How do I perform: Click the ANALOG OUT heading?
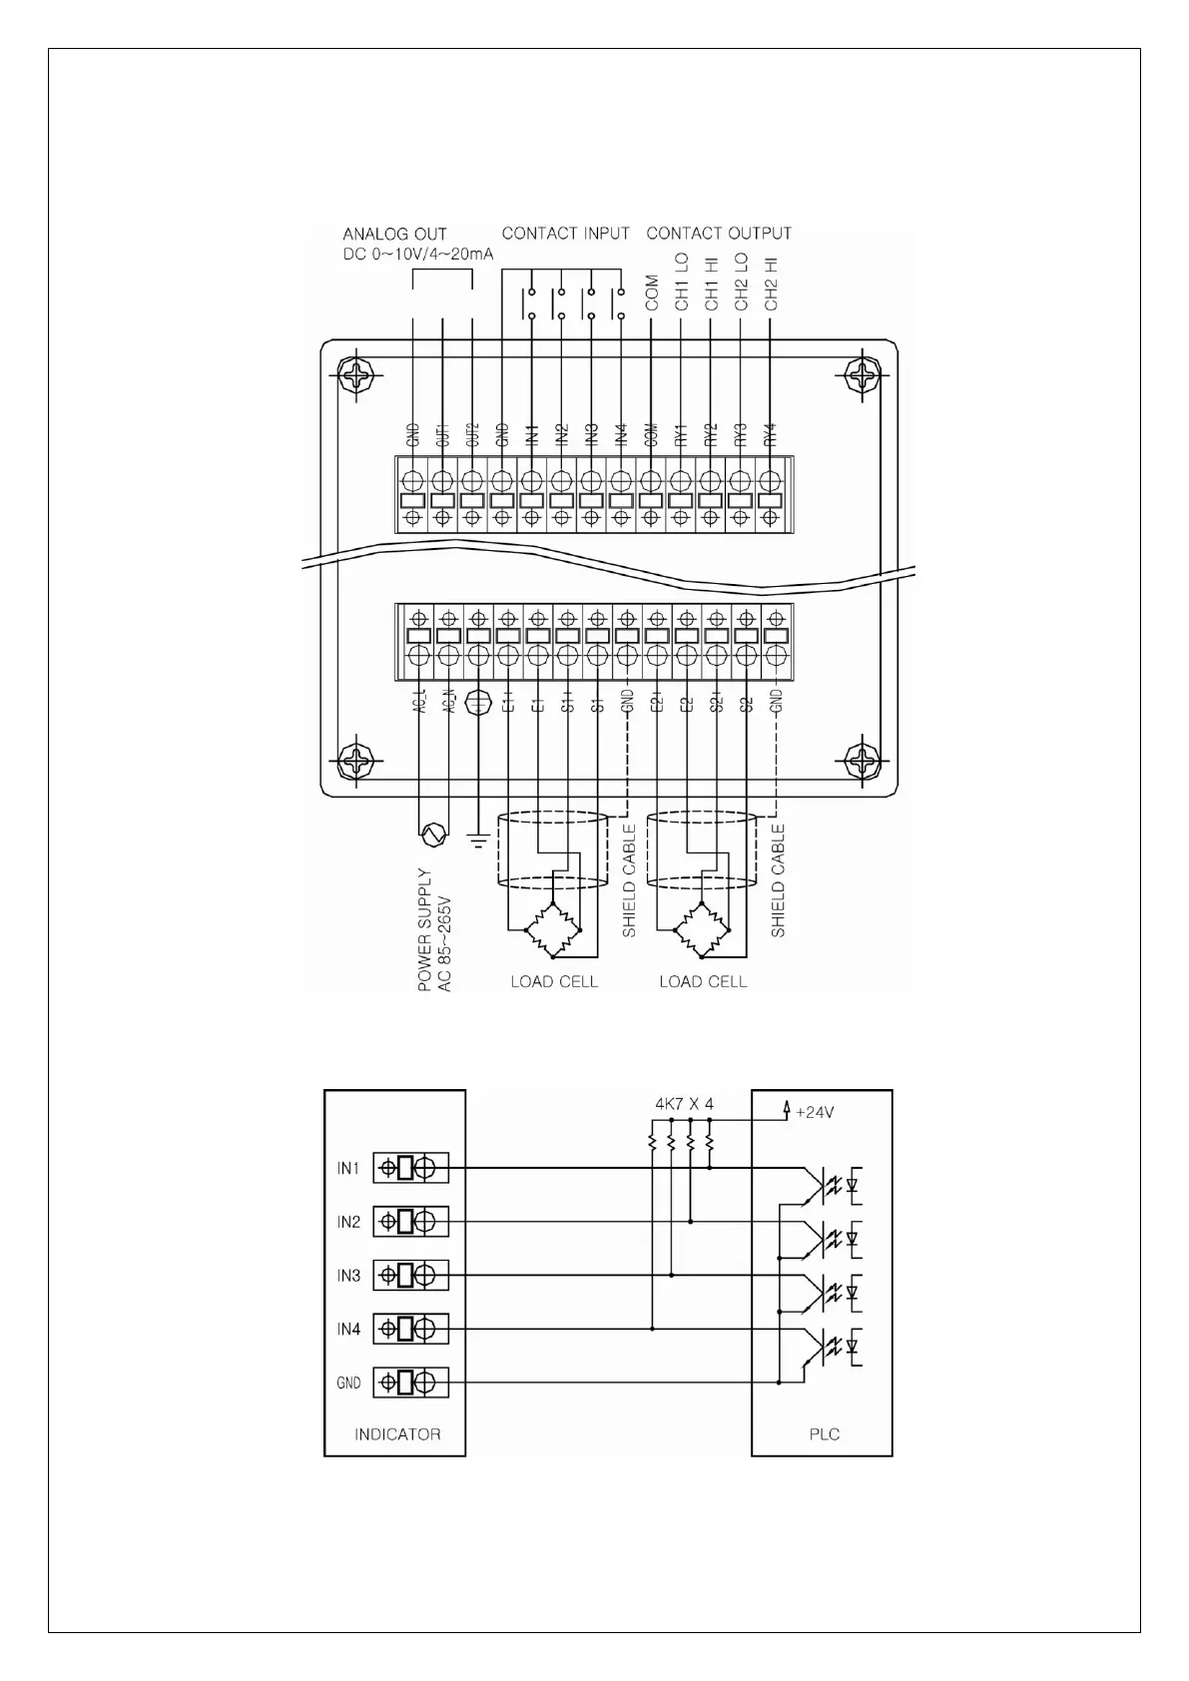coord(394,235)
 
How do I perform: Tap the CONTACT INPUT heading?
coord(565,234)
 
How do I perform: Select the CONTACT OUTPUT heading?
coord(719,234)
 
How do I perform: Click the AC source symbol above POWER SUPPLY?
coord(431,832)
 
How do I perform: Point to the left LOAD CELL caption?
coord(554,982)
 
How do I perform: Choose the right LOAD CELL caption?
coord(703,982)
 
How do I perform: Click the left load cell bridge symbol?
coord(553,929)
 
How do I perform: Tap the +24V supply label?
coord(813,1112)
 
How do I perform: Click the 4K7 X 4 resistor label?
coord(684,1104)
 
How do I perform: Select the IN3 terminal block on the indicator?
coord(410,1275)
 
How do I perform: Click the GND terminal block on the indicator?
coord(410,1383)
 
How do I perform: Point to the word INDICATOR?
coord(397,1434)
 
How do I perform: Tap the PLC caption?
coord(824,1434)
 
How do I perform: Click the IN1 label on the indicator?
coord(347,1168)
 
